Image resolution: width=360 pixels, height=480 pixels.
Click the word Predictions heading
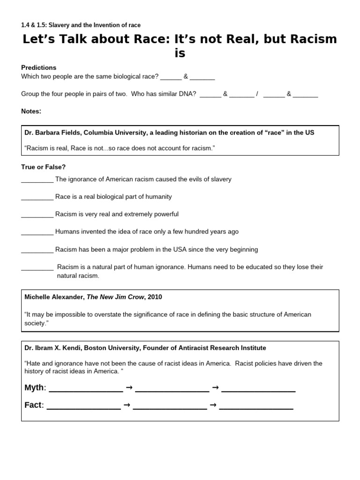pyautogui.click(x=39, y=67)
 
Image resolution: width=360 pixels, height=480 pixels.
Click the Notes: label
pyautogui.click(x=31, y=111)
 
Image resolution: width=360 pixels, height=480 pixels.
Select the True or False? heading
pyautogui.click(x=44, y=167)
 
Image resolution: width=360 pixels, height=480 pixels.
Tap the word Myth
pyautogui.click(x=35, y=388)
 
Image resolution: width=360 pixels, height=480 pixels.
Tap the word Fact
pyautogui.click(x=33, y=405)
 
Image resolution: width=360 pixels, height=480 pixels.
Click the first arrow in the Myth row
pyautogui.click(x=129, y=388)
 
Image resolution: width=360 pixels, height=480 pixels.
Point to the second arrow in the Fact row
pyautogui.click(x=213, y=405)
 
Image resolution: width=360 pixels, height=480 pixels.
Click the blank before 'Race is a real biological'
pyautogui.click(x=37, y=197)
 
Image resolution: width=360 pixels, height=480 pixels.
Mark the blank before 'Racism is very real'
pyautogui.click(x=37, y=214)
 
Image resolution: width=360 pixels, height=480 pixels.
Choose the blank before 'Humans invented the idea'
pyautogui.click(x=37, y=232)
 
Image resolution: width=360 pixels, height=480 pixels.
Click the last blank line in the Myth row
pyautogui.click(x=258, y=388)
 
